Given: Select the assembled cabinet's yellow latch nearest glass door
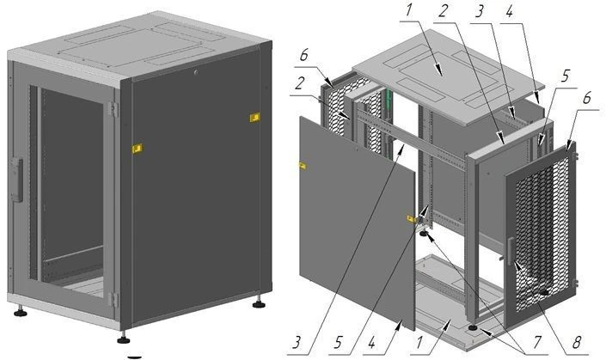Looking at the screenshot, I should [135, 149].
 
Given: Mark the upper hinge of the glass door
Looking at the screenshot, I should [113, 109].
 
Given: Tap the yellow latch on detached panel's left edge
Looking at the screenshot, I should [303, 165].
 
